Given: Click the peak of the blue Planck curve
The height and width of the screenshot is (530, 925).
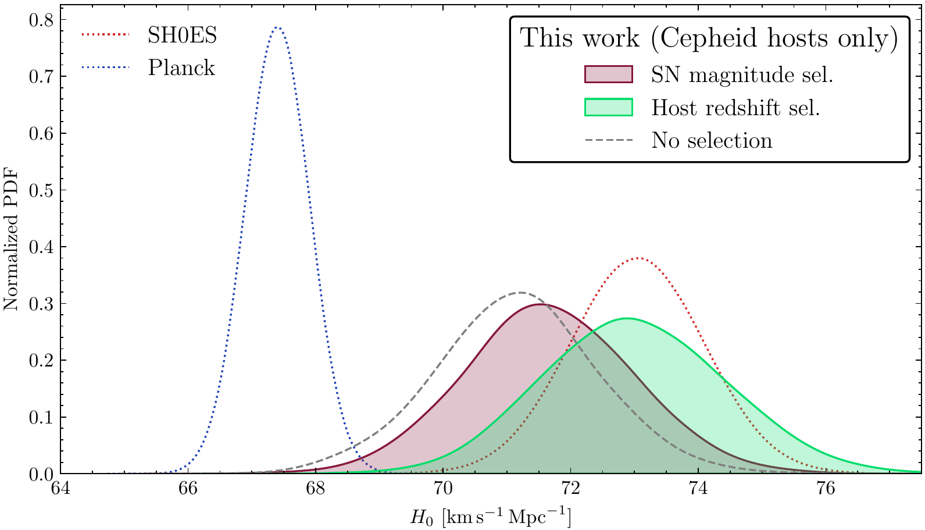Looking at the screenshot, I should [277, 27].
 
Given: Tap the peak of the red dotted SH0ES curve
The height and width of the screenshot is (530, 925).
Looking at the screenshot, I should [638, 258].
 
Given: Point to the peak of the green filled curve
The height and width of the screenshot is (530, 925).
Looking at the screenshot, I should [627, 318].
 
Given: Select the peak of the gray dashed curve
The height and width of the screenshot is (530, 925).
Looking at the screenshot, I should [520, 292].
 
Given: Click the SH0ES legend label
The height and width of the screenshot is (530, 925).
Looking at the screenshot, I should [182, 36].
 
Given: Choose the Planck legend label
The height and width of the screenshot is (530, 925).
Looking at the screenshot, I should [181, 68].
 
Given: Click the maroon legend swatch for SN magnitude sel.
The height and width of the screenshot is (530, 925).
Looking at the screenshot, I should [608, 74].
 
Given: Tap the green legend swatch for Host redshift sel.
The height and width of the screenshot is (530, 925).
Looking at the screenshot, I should [608, 107].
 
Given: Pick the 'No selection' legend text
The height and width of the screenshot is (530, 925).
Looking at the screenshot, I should [712, 140].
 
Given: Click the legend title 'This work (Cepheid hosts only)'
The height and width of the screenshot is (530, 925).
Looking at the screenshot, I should [709, 38].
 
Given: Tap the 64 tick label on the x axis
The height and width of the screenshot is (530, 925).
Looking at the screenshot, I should [60, 489].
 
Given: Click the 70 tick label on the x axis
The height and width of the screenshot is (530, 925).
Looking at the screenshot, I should [444, 489].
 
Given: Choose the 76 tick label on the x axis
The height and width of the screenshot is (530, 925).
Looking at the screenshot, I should [826, 489].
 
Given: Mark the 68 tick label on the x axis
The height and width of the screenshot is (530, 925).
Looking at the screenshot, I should [316, 489].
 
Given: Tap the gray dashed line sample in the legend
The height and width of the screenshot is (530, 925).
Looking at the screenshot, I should [608, 140].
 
